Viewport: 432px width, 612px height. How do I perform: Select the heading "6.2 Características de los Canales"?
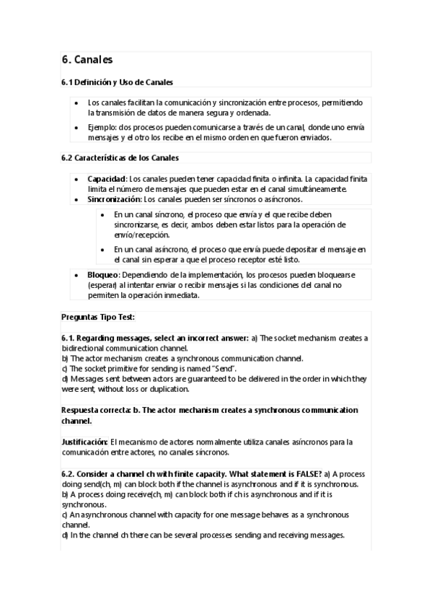tap(120, 158)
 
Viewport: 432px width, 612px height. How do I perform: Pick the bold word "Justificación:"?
tap(85, 441)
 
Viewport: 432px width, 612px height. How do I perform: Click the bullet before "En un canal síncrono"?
tap(104, 215)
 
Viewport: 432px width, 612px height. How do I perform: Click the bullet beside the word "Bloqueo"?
tap(77, 276)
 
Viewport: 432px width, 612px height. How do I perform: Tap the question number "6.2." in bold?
tap(70, 473)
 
